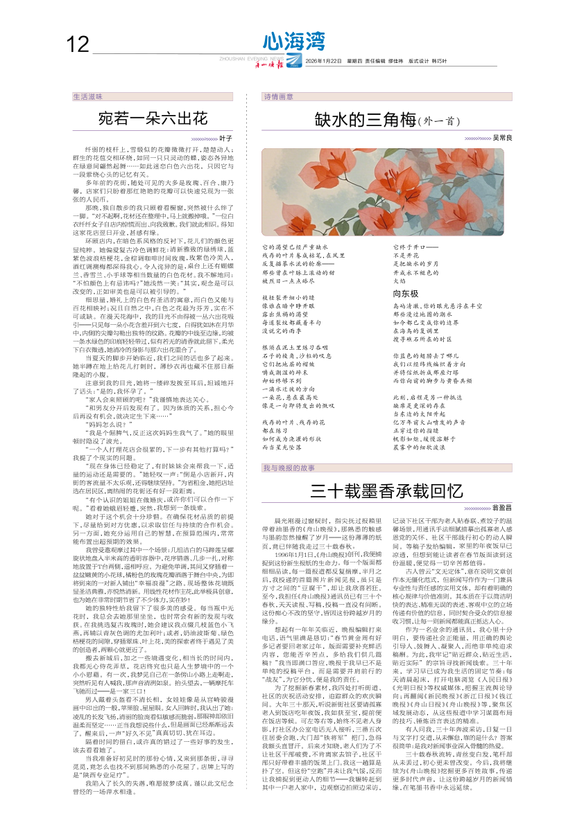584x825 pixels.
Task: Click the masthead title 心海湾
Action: pos(294,42)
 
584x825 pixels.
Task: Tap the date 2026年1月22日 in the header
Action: pos(323,62)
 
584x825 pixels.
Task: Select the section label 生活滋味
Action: pos(88,97)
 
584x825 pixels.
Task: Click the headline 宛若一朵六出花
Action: pos(153,118)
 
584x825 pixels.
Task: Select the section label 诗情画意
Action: pos(278,97)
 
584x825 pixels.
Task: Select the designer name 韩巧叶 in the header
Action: pos(439,62)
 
